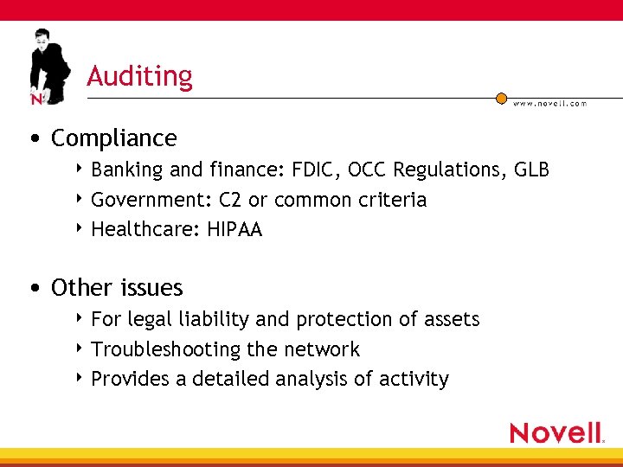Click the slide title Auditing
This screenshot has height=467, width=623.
[x=139, y=76]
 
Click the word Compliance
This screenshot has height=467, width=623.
[x=113, y=138]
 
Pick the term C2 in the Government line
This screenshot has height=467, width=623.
[x=230, y=200]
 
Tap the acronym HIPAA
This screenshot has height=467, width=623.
[x=234, y=230]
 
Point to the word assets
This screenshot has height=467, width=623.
[x=451, y=319]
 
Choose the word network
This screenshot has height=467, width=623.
[x=325, y=349]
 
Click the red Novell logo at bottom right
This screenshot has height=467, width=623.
[x=556, y=432]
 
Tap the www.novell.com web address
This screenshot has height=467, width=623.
[x=549, y=103]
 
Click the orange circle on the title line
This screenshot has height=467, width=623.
[x=501, y=99]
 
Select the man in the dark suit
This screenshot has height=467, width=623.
[x=48, y=65]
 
